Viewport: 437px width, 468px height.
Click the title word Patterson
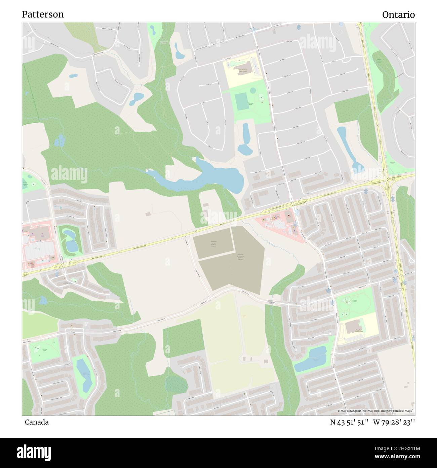43,14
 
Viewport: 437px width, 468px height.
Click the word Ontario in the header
398,14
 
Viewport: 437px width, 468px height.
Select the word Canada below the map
36,422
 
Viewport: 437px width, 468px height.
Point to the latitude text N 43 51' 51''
349,422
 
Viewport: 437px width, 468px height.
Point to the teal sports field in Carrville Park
241,102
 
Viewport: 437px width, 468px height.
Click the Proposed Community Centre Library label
240,257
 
